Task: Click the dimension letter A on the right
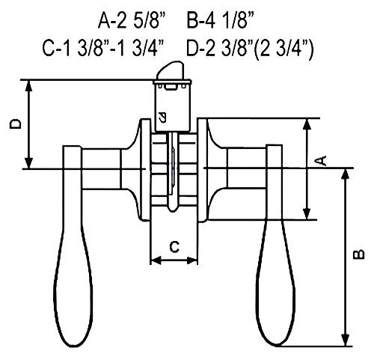(x=319, y=160)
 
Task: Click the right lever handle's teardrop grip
(x=274, y=288)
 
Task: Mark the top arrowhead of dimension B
(x=346, y=174)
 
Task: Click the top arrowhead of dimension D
(x=29, y=83)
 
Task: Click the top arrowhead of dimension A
(x=307, y=122)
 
